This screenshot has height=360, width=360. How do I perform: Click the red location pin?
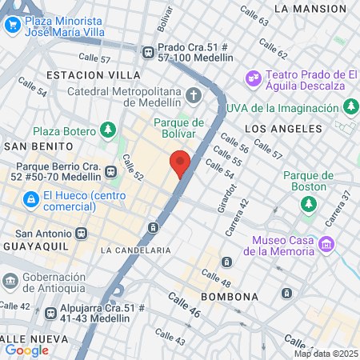180,162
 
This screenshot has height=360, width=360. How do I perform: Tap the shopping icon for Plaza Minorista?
12,25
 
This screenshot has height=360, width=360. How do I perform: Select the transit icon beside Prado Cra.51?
148,52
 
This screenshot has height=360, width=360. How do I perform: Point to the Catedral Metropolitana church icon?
193,98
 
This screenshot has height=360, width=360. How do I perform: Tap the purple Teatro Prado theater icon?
254,78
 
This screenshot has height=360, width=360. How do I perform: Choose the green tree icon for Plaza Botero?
107,130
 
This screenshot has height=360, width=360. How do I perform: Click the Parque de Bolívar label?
178,128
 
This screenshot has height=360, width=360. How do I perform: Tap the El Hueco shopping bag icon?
30,197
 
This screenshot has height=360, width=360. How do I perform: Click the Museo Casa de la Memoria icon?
326,243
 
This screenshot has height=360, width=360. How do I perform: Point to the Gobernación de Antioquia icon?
11,281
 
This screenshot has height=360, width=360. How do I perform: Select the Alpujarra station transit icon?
51,313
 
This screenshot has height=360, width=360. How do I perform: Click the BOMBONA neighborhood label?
230,297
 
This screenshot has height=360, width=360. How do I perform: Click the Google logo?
26,350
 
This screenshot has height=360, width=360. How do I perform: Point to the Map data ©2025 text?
326,354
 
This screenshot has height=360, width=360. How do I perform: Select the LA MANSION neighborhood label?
310,9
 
